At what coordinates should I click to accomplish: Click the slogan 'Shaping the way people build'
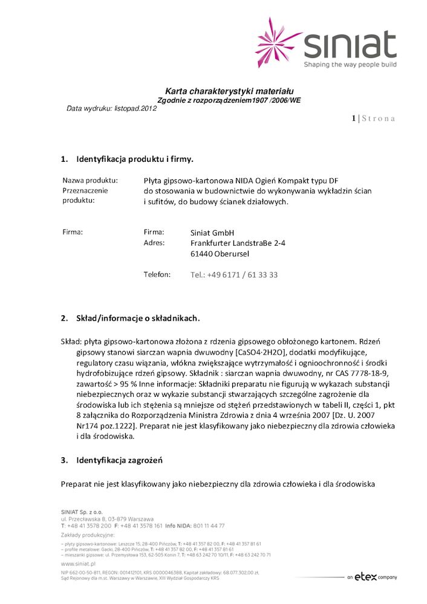[x=350, y=63]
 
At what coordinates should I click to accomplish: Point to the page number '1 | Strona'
[x=373, y=118]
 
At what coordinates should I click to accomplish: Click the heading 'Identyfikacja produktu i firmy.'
[x=134, y=159]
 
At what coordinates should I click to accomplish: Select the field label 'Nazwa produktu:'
[x=90, y=180]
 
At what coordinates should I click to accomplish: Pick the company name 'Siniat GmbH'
[x=212, y=233]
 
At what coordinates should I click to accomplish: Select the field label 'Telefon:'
[x=157, y=274]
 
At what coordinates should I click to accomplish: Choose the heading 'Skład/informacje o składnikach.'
[x=137, y=318]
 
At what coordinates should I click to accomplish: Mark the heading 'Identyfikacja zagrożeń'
[x=119, y=461]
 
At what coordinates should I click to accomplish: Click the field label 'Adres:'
[x=154, y=243]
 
